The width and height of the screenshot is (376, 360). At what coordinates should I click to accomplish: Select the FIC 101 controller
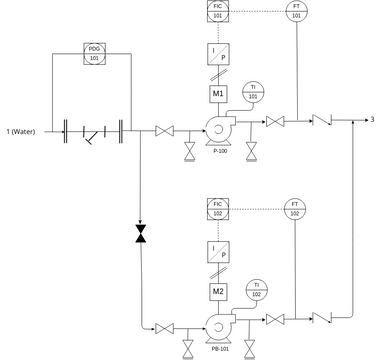tap(218, 12)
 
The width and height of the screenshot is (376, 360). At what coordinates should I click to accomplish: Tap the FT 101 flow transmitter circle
tap(295, 12)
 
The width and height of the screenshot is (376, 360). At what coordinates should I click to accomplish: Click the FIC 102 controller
tap(218, 208)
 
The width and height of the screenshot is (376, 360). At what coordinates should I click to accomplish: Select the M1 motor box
tap(218, 94)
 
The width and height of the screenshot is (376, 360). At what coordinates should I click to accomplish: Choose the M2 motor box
tap(218, 291)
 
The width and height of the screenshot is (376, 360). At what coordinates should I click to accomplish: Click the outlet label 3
tap(371, 121)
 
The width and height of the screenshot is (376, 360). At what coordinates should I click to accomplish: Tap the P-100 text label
tap(220, 151)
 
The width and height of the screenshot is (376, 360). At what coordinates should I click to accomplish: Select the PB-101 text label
tap(220, 349)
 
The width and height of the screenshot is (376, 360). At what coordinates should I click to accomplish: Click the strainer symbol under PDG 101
tap(93, 132)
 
